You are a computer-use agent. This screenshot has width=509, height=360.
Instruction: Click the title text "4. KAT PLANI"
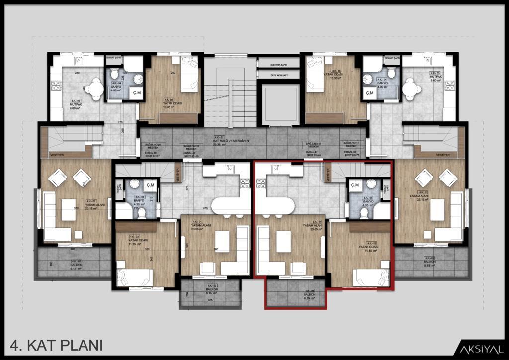pyautogui.click(x=56, y=345)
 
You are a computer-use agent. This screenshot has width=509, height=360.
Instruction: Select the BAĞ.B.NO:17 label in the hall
pyautogui.click(x=351, y=143)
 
